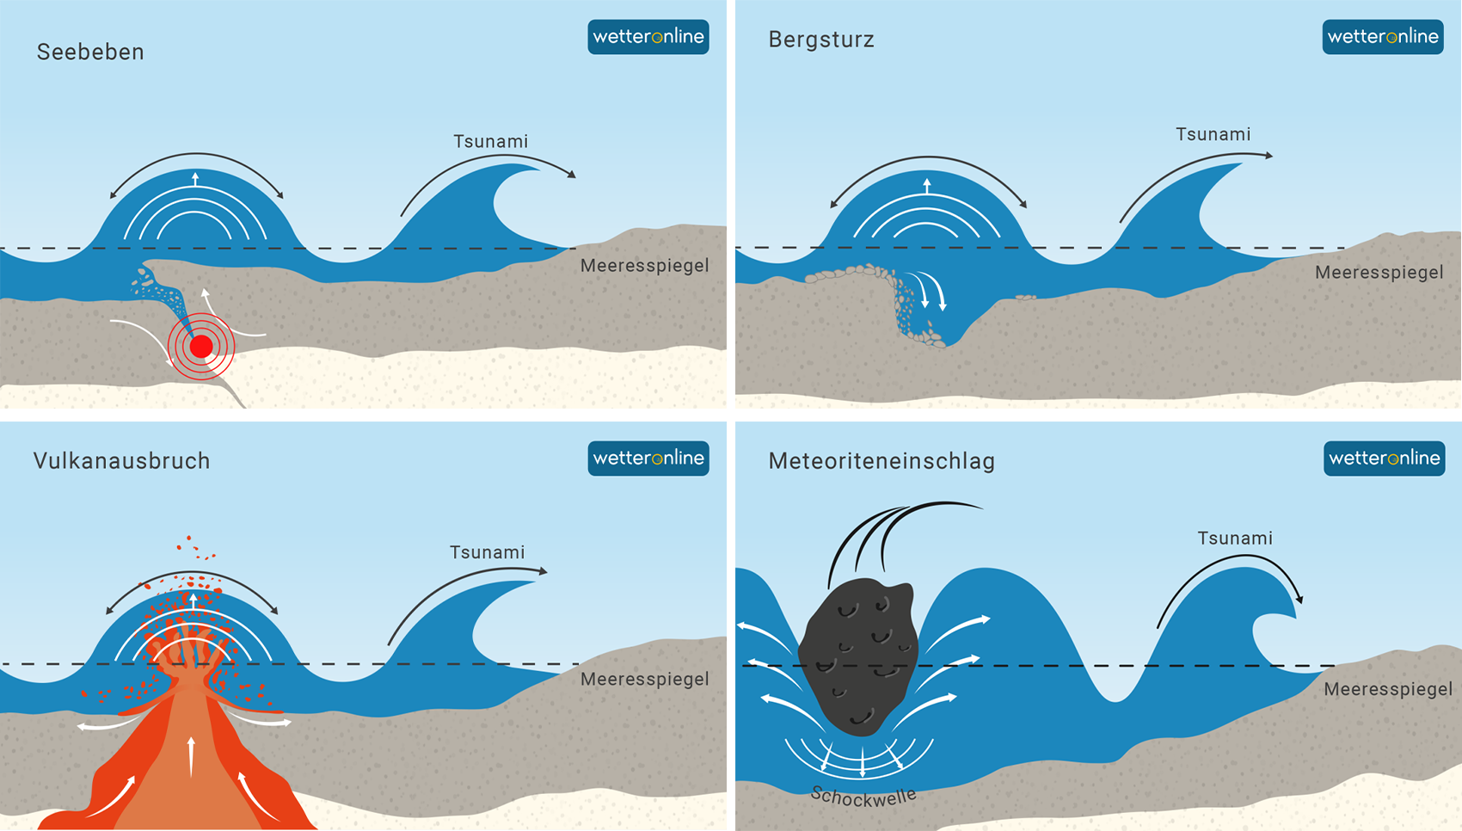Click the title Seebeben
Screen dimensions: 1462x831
click(x=90, y=52)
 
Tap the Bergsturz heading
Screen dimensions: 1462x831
click(x=821, y=40)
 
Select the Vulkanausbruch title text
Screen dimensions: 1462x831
click(x=122, y=461)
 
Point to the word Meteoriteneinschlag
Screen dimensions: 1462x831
click(x=881, y=461)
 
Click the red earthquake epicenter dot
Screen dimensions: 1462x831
click(x=201, y=347)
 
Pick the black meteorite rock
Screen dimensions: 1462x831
click(x=858, y=656)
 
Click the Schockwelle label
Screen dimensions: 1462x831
click(x=863, y=797)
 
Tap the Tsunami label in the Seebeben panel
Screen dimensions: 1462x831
click(x=491, y=141)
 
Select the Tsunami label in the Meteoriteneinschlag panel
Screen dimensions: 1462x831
click(x=1235, y=538)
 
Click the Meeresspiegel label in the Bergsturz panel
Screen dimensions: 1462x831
click(x=1379, y=272)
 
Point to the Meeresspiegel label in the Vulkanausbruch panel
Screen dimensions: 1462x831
click(x=645, y=679)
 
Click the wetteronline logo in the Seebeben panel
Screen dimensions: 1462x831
click(x=648, y=36)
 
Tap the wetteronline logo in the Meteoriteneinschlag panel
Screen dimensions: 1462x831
click(x=1385, y=459)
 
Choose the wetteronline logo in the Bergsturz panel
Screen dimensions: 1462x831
click(x=1383, y=36)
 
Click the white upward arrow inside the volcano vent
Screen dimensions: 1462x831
click(x=191, y=756)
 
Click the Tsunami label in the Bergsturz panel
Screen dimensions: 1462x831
click(x=1213, y=134)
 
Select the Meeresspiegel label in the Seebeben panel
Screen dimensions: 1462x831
click(x=645, y=266)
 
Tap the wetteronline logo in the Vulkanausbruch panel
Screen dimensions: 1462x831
click(x=648, y=459)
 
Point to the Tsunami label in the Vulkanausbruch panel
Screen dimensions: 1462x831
click(x=488, y=552)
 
